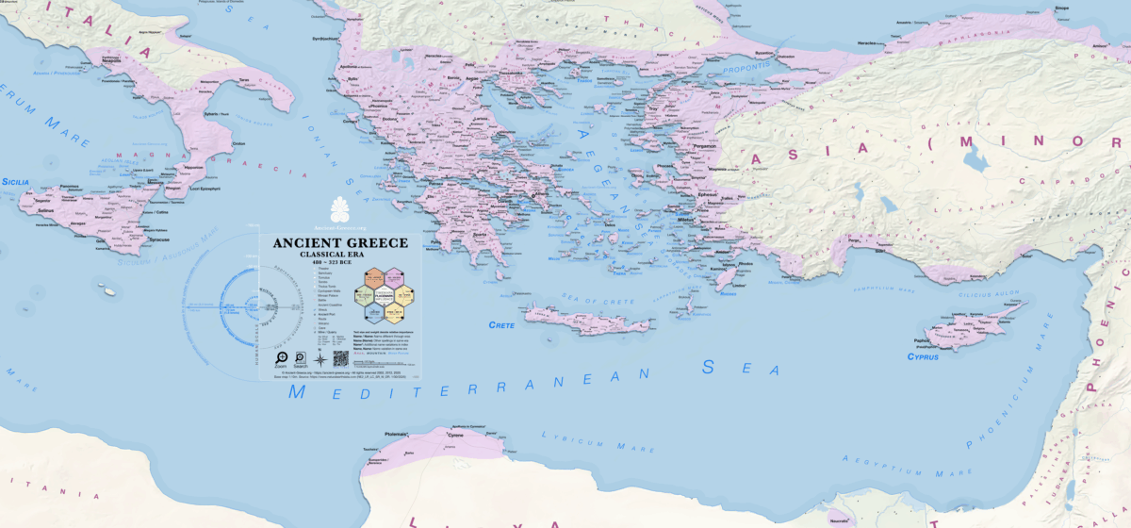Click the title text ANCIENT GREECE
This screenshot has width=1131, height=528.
tap(340, 243)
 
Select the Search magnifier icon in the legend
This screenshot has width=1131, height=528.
tap(300, 358)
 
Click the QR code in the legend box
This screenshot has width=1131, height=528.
tap(340, 359)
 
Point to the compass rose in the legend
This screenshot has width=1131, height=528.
tap(320, 359)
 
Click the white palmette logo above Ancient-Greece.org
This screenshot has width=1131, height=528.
tap(340, 208)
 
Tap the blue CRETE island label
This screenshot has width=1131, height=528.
tap(501, 324)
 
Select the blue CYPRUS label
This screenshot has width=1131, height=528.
tap(923, 356)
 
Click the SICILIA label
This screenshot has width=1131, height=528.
tap(16, 180)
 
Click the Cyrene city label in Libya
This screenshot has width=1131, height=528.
tap(455, 437)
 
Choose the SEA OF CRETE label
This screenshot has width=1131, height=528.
tap(565, 297)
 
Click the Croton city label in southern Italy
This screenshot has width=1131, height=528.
tap(238, 143)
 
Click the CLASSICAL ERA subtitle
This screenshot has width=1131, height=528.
tap(340, 256)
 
